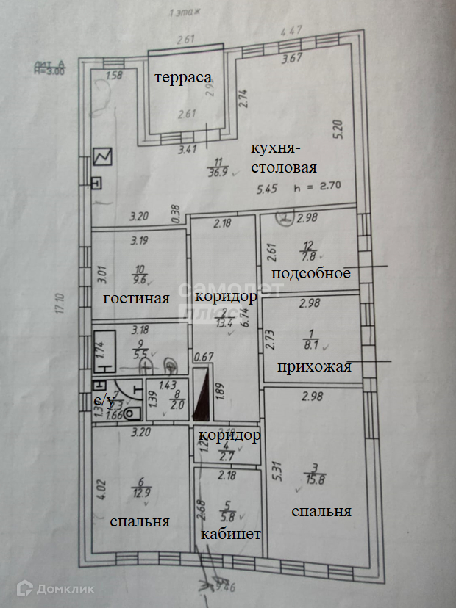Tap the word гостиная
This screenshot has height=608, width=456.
(x=137, y=298)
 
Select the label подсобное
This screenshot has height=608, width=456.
(x=310, y=274)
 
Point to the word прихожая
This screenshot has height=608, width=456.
(x=314, y=366)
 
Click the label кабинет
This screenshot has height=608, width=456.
(x=231, y=534)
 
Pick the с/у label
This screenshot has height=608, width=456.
(x=104, y=401)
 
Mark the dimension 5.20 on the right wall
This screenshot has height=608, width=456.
(x=338, y=130)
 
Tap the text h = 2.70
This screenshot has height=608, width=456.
(x=316, y=187)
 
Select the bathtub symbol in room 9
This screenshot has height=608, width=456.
(x=105, y=351)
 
